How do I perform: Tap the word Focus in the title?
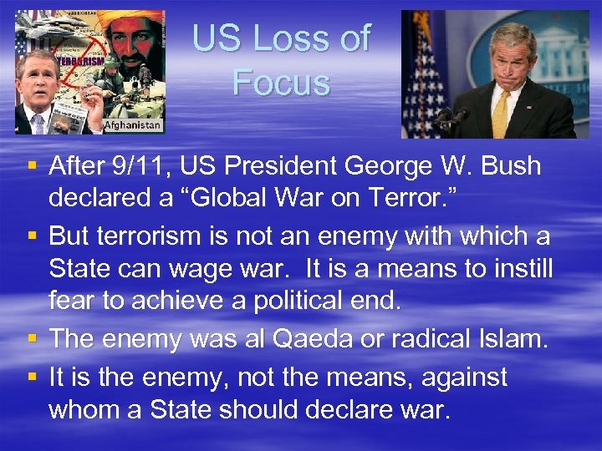tap(281, 83)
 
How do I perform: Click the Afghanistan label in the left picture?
tap(132, 124)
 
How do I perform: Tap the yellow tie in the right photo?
tap(501, 113)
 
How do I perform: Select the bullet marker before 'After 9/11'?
tap(31, 166)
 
